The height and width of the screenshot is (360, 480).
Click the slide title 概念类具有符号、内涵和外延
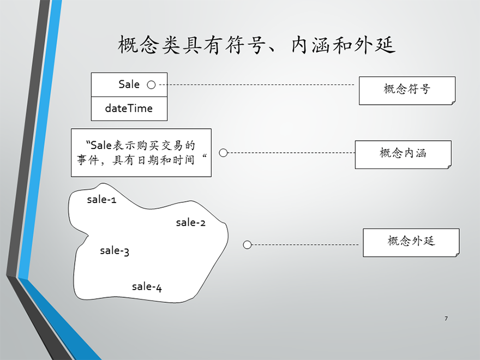256,45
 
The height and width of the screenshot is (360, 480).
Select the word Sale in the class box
129,84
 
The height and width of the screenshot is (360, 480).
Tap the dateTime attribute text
129,108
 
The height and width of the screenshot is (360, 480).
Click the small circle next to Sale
151,85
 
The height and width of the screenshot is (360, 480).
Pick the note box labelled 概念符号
407,91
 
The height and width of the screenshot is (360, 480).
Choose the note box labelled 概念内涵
403,154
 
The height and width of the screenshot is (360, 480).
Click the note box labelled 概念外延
411,242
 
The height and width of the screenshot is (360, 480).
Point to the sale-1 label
101,200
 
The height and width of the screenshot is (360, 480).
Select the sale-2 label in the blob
191,223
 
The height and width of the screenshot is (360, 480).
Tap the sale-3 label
115,251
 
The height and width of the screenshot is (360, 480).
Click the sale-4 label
147,287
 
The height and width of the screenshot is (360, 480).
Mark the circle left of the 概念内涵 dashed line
224,153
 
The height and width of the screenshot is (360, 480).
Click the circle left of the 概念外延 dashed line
247,245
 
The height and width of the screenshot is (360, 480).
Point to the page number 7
446,319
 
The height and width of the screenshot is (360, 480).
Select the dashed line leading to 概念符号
257,85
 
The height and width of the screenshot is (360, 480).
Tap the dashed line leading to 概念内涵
291,153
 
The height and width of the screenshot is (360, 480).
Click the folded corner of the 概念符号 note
454,103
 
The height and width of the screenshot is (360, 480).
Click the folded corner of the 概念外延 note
458,255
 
